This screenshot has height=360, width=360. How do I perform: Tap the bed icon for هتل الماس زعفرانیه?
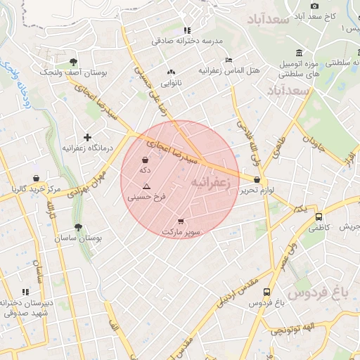(228, 60)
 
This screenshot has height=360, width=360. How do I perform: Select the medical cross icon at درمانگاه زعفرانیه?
(87, 137)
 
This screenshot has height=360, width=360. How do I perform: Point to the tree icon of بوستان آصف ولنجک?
(74, 61)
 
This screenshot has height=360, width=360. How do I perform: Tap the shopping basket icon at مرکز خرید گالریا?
(35, 178)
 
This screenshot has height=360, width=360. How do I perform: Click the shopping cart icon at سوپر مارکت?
(181, 220)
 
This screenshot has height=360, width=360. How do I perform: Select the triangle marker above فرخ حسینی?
(146, 186)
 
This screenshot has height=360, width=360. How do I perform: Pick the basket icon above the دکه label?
(146, 160)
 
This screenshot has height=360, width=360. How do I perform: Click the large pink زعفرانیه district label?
(210, 183)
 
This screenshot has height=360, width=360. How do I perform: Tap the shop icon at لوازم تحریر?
(257, 179)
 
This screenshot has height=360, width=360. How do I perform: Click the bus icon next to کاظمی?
(319, 217)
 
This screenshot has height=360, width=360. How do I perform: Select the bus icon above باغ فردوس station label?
(266, 292)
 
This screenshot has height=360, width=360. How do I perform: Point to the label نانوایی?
(171, 83)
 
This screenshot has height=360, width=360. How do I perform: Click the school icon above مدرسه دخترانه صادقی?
(186, 30)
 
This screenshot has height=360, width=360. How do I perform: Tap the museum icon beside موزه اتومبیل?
(300, 53)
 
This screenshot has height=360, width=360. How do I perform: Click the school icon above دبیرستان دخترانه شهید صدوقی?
(26, 291)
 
